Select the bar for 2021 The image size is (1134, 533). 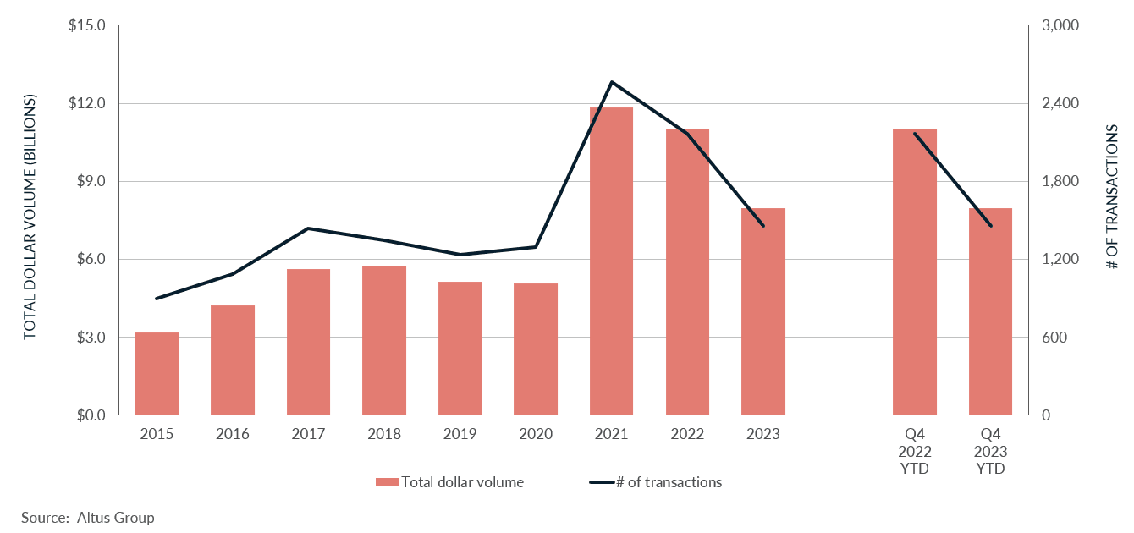pos(611,261)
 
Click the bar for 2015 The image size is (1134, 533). pos(157,374)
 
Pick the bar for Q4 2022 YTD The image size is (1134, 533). pos(915,272)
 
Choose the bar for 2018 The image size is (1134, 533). pos(384,340)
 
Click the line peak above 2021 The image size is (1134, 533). pos(611,82)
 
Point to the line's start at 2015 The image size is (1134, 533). pos(157,299)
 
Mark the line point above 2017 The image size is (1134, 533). pos(308,228)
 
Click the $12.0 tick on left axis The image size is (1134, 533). pos(87,104)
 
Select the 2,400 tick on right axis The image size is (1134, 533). pos(1060,104)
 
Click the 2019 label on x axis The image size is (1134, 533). pos(460,435)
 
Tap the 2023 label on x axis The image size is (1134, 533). pos(762,435)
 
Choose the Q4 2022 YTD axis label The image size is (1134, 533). pos(915,451)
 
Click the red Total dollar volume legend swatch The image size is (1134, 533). pos(387,482)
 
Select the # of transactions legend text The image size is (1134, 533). pos(669,482)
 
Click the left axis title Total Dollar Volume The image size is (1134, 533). pos(30,217)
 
